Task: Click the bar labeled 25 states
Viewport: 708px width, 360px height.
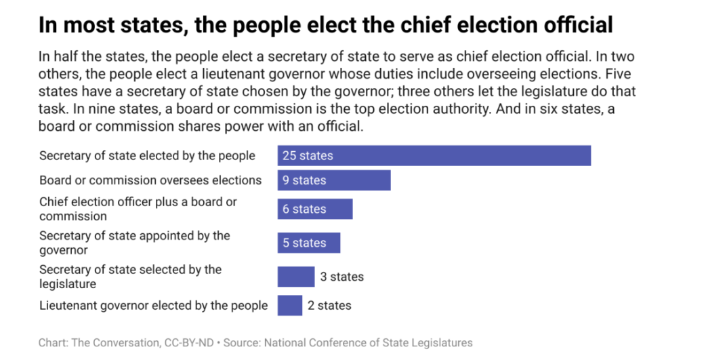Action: point(434,155)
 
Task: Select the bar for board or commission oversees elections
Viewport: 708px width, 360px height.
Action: point(333,180)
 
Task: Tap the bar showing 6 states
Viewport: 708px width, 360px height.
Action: point(314,209)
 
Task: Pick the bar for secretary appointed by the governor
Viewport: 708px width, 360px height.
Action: point(308,243)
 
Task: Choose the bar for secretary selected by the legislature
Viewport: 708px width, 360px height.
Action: point(295,277)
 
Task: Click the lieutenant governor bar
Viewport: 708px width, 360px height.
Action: point(289,305)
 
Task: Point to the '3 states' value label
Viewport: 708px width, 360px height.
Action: point(341,277)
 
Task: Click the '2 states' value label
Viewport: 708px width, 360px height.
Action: point(329,305)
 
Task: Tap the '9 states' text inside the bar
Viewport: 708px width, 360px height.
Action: point(304,180)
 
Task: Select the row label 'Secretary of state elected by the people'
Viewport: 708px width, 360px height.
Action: point(147,155)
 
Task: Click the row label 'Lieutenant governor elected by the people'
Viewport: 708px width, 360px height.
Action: point(153,305)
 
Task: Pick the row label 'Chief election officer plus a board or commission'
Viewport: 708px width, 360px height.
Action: point(138,209)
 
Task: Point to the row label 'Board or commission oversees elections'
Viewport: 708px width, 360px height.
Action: point(150,180)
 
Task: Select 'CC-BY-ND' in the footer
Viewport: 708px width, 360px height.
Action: point(188,342)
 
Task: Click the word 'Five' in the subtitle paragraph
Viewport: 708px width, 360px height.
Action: point(618,74)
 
